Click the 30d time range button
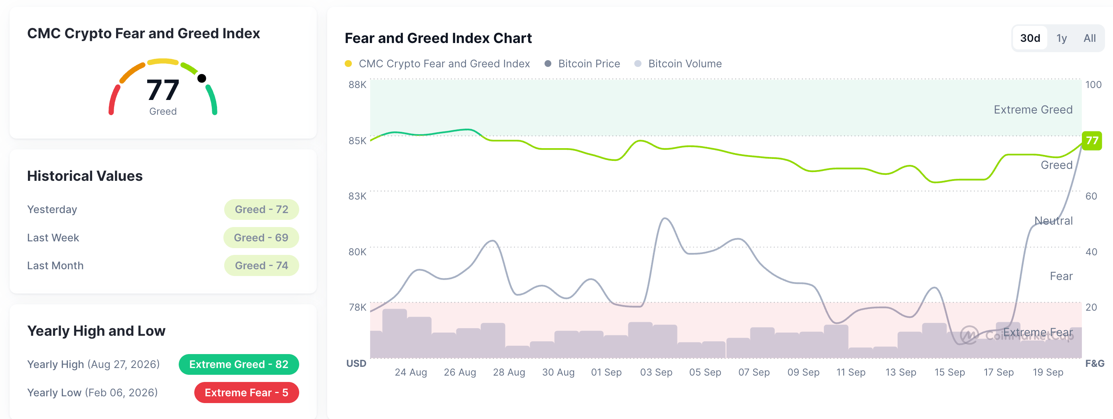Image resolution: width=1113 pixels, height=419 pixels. click(x=1030, y=38)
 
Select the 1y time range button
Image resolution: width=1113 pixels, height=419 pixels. click(x=1061, y=38)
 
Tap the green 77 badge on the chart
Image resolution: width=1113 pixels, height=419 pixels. click(x=1091, y=141)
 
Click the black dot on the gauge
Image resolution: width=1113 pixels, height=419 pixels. click(x=201, y=78)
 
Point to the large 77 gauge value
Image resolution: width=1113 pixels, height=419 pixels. click(x=162, y=90)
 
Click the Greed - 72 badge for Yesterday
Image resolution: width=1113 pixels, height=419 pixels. click(x=261, y=209)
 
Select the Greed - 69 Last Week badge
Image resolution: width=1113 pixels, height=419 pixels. click(x=261, y=237)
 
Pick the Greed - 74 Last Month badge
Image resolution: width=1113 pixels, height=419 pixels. click(x=261, y=265)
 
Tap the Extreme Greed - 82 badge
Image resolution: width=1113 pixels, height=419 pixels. click(x=239, y=364)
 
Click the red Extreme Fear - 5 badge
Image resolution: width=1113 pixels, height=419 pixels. click(x=246, y=392)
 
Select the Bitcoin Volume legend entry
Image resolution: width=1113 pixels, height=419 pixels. click(x=678, y=64)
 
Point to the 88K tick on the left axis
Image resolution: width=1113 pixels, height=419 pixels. click(x=357, y=84)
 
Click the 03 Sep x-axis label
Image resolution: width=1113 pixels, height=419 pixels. click(x=656, y=372)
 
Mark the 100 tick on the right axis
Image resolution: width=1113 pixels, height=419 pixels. click(x=1093, y=84)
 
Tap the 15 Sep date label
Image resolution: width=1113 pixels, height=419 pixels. click(x=949, y=372)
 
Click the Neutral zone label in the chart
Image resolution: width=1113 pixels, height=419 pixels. click(x=1054, y=221)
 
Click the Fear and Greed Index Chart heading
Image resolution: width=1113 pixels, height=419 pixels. click(x=438, y=38)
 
